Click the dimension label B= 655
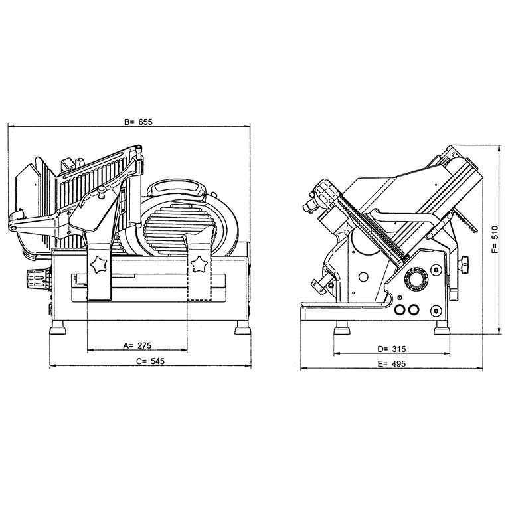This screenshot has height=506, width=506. tap(138, 122)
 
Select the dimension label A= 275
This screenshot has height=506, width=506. tap(137, 345)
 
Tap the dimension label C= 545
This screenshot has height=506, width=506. tap(150, 361)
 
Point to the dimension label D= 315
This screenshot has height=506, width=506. tap(391, 349)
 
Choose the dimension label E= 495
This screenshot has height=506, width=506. tap(391, 364)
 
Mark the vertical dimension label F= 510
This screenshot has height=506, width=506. tap(495, 239)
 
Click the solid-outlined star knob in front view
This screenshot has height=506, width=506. tap(98, 264)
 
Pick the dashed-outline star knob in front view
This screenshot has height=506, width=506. tap(199, 264)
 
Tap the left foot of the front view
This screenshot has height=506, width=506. tap(58, 327)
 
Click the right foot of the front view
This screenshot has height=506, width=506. tap(242, 327)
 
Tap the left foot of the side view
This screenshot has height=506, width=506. tap(342, 328)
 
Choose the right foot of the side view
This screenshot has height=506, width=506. tap(442, 328)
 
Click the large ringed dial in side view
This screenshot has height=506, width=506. tap(416, 278)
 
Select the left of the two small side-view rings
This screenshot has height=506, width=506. tap(400, 310)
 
